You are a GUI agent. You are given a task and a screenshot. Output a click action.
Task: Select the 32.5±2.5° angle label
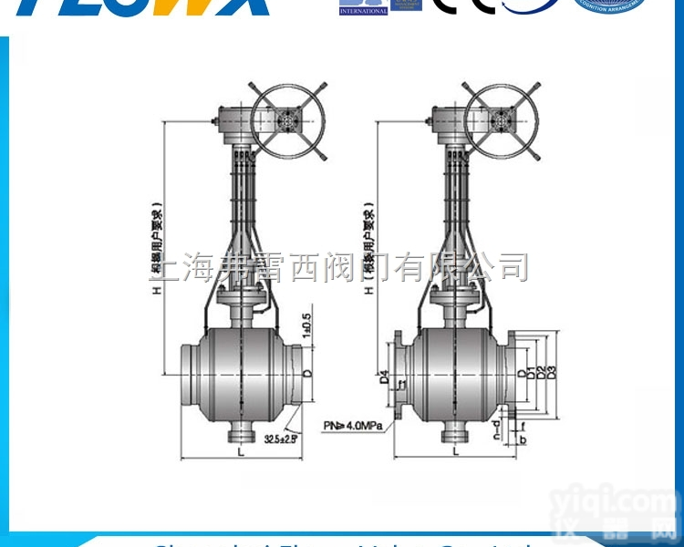point(281,439)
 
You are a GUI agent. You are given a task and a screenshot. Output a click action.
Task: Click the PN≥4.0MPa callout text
point(353,425)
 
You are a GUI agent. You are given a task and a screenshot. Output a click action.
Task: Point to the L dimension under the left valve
point(240,451)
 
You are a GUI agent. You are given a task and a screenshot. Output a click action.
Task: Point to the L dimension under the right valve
point(454,451)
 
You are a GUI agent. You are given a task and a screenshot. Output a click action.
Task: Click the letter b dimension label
point(523,440)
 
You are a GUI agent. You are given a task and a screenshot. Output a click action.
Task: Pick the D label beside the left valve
point(307,374)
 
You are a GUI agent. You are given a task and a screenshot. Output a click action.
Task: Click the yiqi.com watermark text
point(628,502)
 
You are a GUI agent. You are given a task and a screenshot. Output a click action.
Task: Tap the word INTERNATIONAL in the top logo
point(363,11)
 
